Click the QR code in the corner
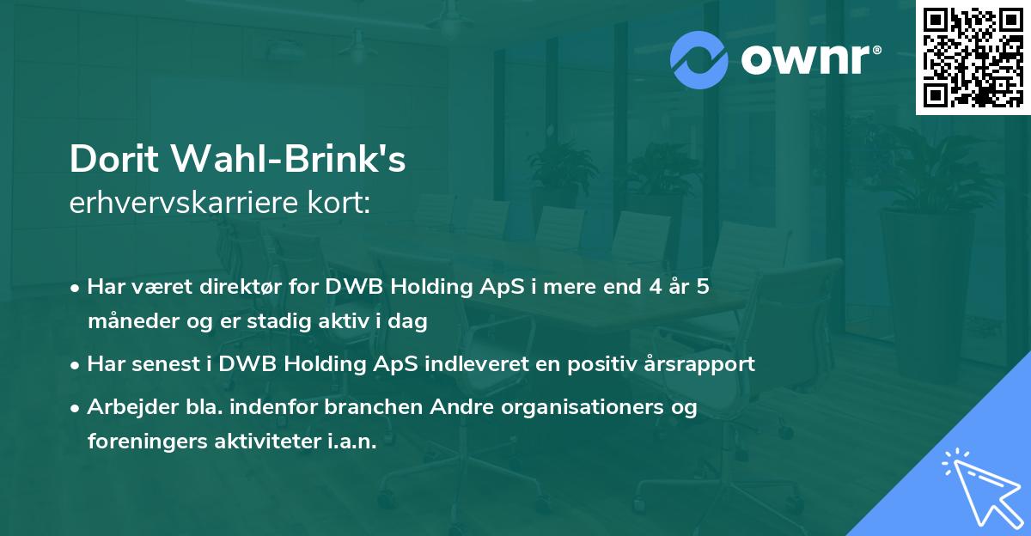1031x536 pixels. (x=973, y=57)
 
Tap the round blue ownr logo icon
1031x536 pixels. (x=699, y=60)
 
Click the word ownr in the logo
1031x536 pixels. (x=807, y=60)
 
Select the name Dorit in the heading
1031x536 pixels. (x=114, y=160)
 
